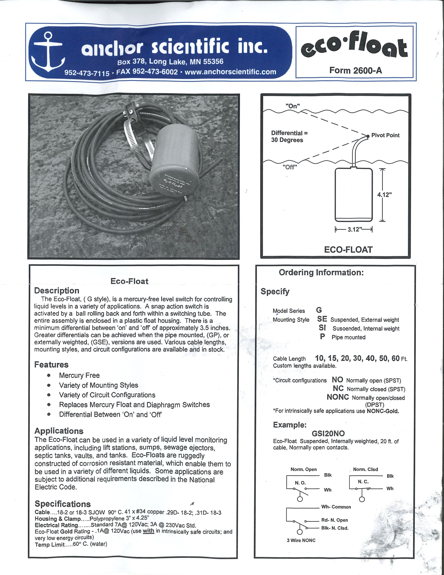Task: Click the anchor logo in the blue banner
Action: [x=48, y=52]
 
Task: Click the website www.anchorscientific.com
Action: [x=230, y=72]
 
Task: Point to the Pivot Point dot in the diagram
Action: [x=368, y=136]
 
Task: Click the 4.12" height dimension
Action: [x=384, y=195]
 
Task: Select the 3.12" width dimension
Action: [x=353, y=229]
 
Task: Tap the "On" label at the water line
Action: [x=293, y=106]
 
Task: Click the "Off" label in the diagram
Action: [x=290, y=167]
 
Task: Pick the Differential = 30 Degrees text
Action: [x=289, y=137]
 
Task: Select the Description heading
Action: [x=57, y=291]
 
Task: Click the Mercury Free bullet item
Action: [x=79, y=375]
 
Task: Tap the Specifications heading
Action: [x=63, y=504]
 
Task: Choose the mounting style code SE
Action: [x=322, y=319]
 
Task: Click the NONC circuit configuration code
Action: [x=338, y=397]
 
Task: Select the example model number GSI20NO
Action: [x=328, y=433]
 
